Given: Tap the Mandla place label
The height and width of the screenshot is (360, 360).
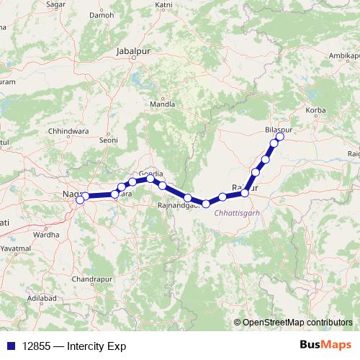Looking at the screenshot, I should [161, 104].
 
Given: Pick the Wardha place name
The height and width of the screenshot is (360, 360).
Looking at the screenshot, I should [46, 235].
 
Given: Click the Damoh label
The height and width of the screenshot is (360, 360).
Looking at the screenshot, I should [102, 14].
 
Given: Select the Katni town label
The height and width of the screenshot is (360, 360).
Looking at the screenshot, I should [164, 4].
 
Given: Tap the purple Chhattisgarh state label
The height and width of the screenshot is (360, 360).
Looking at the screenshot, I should [237, 214].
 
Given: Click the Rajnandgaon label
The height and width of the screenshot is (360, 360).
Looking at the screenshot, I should [179, 207].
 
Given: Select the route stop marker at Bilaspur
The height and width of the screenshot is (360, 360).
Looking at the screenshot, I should [280, 137].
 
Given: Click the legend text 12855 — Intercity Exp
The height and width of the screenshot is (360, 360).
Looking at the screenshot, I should [70, 346].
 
